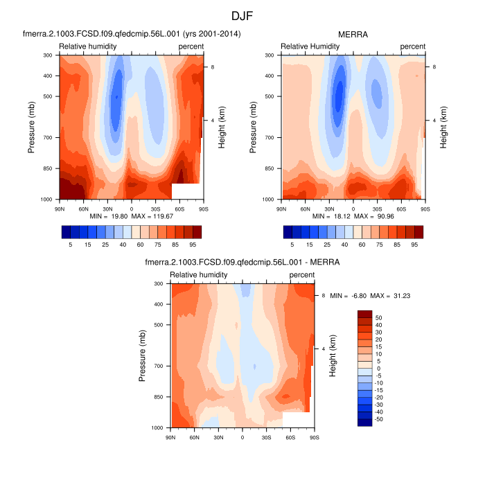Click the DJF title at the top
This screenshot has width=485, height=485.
242,15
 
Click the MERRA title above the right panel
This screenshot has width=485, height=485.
353,34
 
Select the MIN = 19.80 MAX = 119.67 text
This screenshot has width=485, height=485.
131,217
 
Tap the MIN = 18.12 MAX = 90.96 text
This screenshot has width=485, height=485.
353,217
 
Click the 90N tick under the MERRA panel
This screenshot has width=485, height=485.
281,208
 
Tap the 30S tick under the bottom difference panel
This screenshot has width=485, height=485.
266,436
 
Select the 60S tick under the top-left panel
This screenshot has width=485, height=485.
179,208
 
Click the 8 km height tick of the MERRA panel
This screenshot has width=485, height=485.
433,67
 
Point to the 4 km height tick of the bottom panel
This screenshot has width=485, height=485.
323,349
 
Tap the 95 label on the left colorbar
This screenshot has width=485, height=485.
197,245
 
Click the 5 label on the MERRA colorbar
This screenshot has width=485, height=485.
292,245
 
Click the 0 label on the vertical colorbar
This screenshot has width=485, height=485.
378,368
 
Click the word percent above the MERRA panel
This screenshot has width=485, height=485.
412,46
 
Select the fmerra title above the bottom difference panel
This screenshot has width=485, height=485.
242,263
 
